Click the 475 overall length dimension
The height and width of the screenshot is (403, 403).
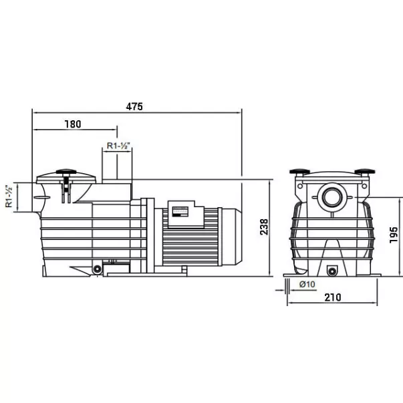pyautogui.click(x=134, y=106)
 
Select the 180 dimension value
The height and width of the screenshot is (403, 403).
pyautogui.click(x=73, y=124)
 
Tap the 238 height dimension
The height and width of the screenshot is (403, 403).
pyautogui.click(x=264, y=227)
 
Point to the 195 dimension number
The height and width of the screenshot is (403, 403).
pyautogui.click(x=394, y=235)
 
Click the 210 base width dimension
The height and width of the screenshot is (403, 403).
pyautogui.click(x=333, y=297)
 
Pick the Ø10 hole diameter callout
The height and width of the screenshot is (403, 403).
pyautogui.click(x=307, y=284)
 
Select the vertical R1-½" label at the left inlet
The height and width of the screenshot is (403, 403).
pyautogui.click(x=9, y=196)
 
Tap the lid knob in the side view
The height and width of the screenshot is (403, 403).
pyautogui.click(x=66, y=172)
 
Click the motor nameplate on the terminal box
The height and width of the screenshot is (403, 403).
pyautogui.click(x=180, y=212)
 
